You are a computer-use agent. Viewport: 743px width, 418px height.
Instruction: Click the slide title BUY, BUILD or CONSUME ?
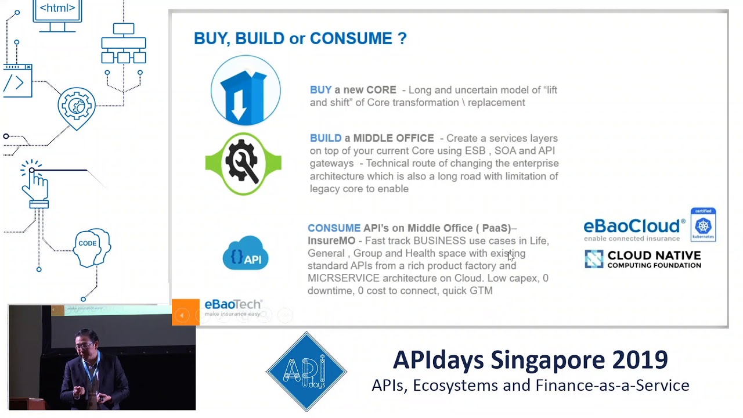pyautogui.click(x=300, y=39)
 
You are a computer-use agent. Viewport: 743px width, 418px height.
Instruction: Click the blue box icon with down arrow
pyautogui.click(x=246, y=91)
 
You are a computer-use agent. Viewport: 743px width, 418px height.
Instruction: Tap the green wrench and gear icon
pyautogui.click(x=243, y=164)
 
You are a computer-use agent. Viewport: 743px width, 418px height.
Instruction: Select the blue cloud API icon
pyautogui.click(x=246, y=254)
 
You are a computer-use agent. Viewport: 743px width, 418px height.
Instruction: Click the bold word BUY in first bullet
pyautogui.click(x=320, y=90)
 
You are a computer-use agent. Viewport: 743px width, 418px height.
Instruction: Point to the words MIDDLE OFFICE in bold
pyautogui.click(x=393, y=138)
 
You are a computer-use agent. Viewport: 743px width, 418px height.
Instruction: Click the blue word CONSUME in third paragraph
pyautogui.click(x=334, y=228)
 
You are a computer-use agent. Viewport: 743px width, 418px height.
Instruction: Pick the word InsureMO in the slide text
pyautogui.click(x=331, y=240)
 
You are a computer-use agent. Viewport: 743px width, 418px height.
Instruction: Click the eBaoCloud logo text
pyautogui.click(x=634, y=226)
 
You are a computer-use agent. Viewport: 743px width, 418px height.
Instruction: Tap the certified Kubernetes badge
pyautogui.click(x=703, y=225)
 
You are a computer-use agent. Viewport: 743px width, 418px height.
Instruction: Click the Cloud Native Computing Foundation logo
pyautogui.click(x=643, y=260)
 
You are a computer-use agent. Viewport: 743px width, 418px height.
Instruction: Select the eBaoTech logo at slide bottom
pyautogui.click(x=233, y=307)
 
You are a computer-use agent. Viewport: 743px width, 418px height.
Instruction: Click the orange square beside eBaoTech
pyautogui.click(x=185, y=312)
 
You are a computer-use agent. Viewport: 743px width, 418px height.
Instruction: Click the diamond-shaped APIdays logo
pyautogui.click(x=306, y=371)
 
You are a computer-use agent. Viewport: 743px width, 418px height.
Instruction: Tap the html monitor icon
pyautogui.click(x=57, y=15)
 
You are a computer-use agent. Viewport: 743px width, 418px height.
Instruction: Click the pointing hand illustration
pyautogui.click(x=36, y=186)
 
